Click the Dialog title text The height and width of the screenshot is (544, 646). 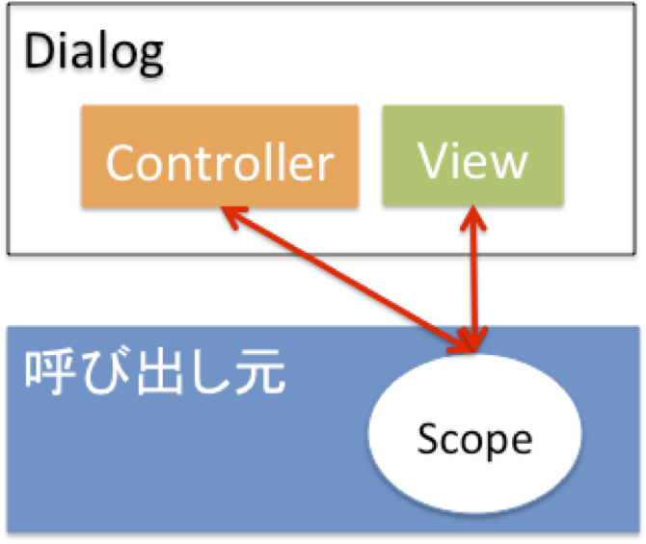(94, 54)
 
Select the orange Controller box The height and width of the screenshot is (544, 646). (220, 156)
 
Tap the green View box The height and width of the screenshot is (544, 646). (473, 155)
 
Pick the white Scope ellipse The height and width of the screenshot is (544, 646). (474, 433)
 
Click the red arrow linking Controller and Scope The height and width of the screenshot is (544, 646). (348, 280)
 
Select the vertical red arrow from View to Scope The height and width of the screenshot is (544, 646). (473, 279)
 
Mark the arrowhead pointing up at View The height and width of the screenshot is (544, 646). (473, 218)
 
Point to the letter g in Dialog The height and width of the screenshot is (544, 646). (150, 59)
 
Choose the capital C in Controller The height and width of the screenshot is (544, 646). (120, 163)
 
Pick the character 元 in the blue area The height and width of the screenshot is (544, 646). (260, 372)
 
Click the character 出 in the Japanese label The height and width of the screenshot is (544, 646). (160, 372)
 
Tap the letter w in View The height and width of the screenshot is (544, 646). (510, 165)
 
